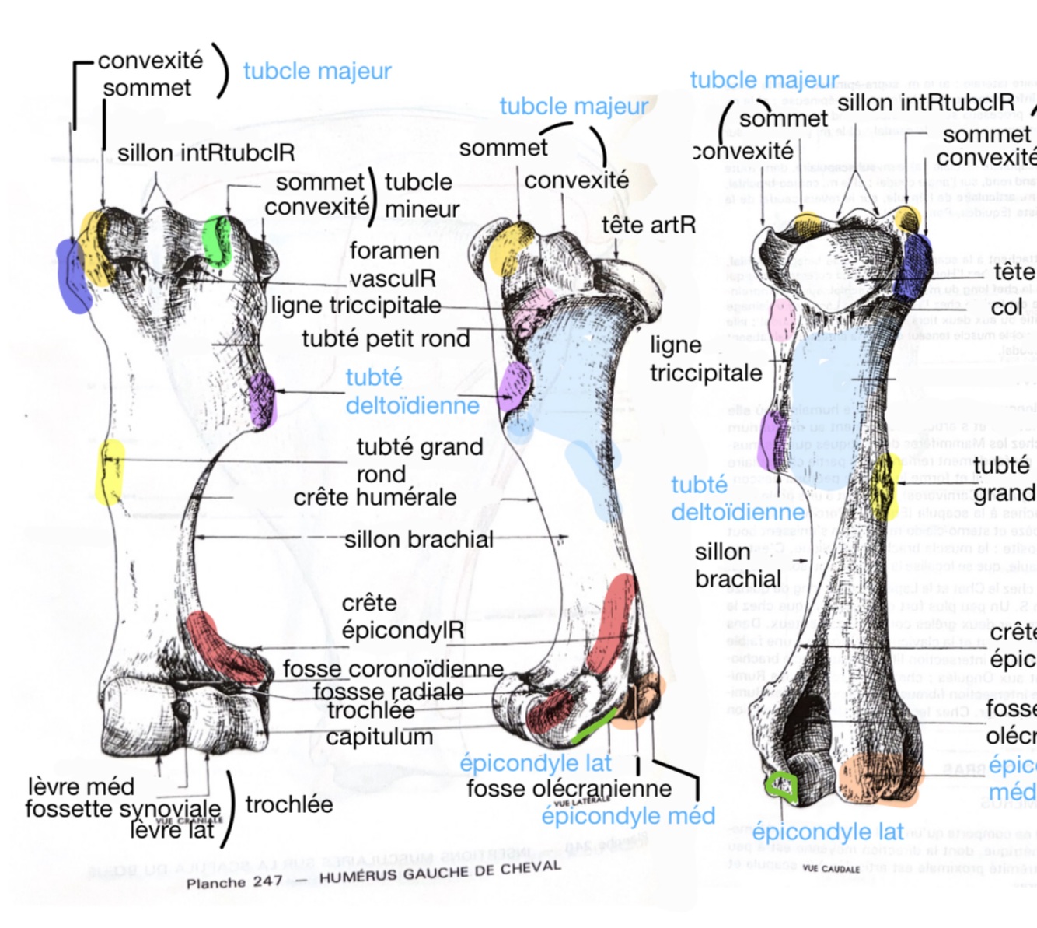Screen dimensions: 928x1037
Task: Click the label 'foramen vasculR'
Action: (x=393, y=264)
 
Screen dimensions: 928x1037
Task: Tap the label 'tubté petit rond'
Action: (x=386, y=339)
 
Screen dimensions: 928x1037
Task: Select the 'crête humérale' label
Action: (x=375, y=497)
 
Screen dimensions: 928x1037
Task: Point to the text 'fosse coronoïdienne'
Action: (x=393, y=669)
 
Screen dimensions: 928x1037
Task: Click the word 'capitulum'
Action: (x=379, y=737)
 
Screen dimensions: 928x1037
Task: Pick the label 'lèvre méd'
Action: (x=81, y=786)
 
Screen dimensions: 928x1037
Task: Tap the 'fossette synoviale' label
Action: (x=123, y=808)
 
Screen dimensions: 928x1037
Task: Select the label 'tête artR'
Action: (x=648, y=226)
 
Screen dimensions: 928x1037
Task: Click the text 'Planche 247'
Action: (x=234, y=883)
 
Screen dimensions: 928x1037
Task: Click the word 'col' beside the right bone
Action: (x=1006, y=307)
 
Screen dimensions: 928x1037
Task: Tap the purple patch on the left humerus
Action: (x=261, y=399)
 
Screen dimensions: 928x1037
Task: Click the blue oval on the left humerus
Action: (x=72, y=276)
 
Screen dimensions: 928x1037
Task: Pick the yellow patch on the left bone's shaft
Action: (x=110, y=471)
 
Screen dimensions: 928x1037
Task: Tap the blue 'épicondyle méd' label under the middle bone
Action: (x=628, y=816)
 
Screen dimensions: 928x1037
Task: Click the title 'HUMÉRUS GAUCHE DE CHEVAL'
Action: (x=440, y=872)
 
